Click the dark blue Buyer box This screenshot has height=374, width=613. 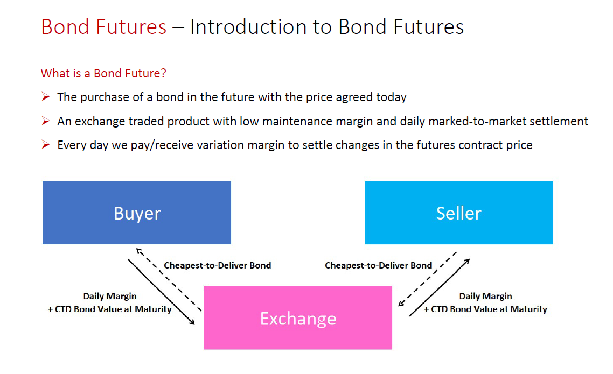click(137, 213)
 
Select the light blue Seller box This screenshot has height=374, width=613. click(458, 213)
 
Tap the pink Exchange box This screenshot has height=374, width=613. click(298, 318)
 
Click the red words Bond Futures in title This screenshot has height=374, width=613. click(103, 27)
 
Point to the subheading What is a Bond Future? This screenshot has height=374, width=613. click(103, 73)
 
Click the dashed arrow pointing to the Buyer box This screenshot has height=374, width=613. click(169, 279)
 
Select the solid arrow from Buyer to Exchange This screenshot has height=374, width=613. click(161, 292)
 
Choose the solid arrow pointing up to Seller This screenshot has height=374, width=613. click(440, 287)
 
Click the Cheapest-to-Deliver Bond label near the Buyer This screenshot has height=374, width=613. click(218, 265)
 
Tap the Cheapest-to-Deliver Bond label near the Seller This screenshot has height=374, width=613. click(379, 265)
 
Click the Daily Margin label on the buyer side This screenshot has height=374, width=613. click(110, 297)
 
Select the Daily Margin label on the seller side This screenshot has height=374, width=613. click(485, 297)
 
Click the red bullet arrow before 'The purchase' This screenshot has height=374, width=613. click(46, 96)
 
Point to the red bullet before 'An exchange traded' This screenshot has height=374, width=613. click(46, 121)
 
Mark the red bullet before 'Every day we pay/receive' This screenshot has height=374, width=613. click(46, 144)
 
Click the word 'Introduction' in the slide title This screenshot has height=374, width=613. click(248, 27)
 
